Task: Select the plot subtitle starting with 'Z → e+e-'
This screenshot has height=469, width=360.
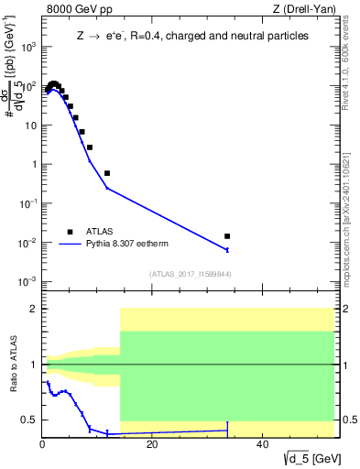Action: tap(191, 36)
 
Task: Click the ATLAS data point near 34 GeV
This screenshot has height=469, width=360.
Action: tap(227, 236)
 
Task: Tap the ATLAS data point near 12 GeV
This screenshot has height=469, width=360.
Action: tap(107, 173)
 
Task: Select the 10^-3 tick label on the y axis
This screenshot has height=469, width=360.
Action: tap(29, 281)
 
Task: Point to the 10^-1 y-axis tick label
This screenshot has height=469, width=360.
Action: tap(29, 203)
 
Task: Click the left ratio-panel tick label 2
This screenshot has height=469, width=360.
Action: tap(34, 309)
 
